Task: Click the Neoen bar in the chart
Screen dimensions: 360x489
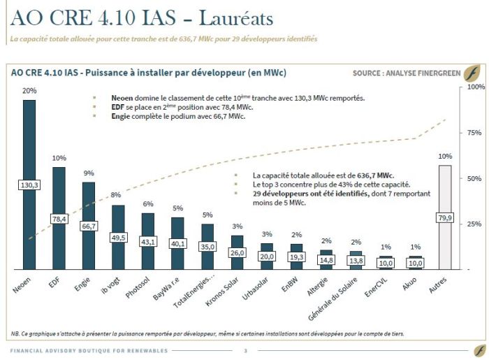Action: [29, 154]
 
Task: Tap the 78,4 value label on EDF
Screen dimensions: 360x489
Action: [59, 219]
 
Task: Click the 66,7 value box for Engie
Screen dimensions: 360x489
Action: [89, 226]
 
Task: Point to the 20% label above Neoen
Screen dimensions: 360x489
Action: [29, 91]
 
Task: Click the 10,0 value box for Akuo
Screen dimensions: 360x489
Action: [414, 262]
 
